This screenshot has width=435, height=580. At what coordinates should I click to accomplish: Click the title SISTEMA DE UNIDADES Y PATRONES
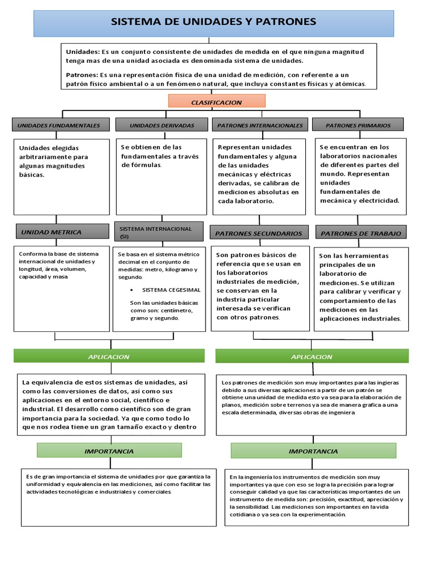click(x=214, y=23)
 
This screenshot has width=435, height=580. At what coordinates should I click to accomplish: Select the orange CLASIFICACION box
click(x=216, y=102)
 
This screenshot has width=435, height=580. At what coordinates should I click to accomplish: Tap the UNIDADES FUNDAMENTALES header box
click(x=59, y=125)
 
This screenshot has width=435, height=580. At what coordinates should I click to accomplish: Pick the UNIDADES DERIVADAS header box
click(x=161, y=125)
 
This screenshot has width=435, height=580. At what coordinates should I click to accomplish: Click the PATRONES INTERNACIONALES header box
click(x=260, y=125)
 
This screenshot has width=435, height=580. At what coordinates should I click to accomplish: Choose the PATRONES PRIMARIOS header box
click(x=358, y=125)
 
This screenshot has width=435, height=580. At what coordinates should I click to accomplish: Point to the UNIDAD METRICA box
click(x=62, y=232)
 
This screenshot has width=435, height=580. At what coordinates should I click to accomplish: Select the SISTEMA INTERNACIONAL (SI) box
click(x=159, y=232)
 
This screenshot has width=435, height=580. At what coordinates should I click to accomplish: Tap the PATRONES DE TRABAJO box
click(x=361, y=233)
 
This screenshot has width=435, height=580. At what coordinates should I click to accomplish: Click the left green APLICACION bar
click(x=109, y=356)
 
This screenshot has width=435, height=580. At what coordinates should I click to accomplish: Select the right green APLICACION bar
click(x=312, y=356)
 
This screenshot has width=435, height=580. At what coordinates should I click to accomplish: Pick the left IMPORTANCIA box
click(x=109, y=451)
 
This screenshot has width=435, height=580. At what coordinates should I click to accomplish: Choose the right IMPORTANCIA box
click(x=313, y=451)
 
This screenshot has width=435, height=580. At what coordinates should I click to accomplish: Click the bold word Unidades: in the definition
click(x=83, y=52)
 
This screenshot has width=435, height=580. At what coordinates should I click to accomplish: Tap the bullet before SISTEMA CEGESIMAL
click(x=132, y=290)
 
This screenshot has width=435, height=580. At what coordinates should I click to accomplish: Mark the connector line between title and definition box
click(x=210, y=40)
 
